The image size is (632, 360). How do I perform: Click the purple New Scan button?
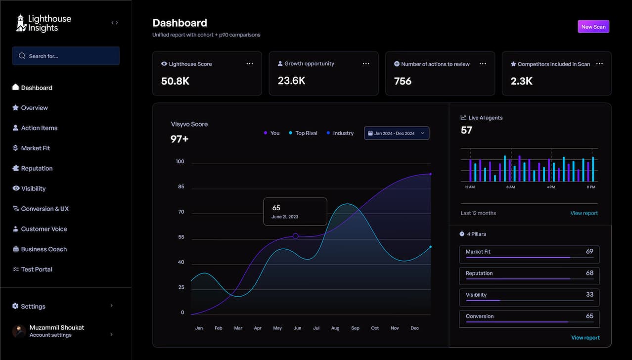tap(593, 27)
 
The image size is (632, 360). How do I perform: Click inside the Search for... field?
tap(66, 56)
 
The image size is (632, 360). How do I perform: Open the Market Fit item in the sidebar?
tap(35, 148)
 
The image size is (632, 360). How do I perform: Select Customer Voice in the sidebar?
tap(44, 229)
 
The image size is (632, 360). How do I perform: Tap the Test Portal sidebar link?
tap(36, 269)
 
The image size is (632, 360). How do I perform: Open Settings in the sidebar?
tap(33, 306)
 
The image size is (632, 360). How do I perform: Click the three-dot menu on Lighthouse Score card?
tap(250, 64)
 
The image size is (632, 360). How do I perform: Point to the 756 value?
tap(403, 81)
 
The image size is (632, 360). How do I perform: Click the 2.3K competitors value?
tap(521, 81)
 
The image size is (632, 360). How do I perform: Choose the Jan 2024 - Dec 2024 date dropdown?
tap(397, 133)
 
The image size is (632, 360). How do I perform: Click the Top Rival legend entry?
tap(306, 133)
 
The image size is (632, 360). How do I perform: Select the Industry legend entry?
tap(343, 133)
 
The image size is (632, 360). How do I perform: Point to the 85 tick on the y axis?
tap(181, 186)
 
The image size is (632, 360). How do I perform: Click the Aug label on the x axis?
tap(335, 328)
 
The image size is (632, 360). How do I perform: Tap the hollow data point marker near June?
tap(296, 236)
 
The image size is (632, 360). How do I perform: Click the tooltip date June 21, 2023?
tap(285, 217)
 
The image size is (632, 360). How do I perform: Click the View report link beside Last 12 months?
tap(584, 213)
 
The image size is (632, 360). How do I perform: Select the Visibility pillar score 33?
tap(589, 294)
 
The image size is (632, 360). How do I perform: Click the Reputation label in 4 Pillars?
tap(479, 273)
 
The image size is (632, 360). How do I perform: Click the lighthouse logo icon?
tap(21, 23)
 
